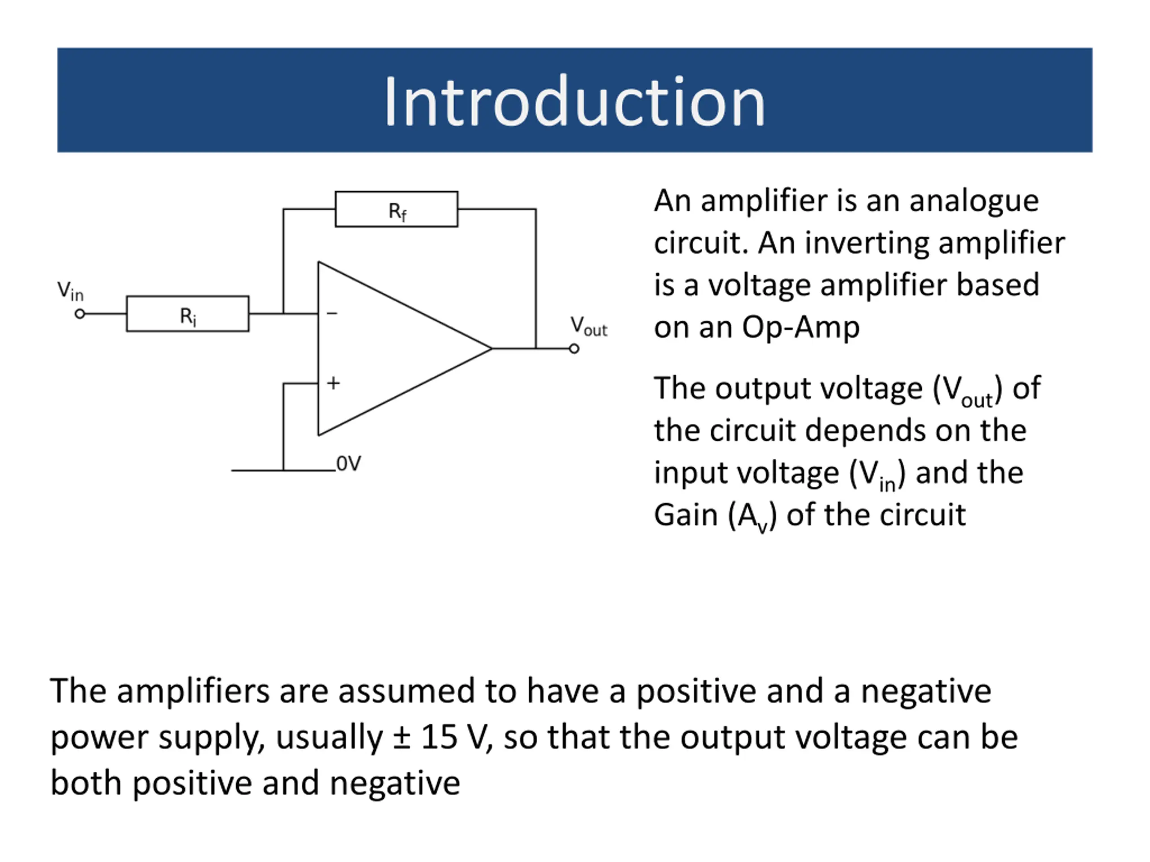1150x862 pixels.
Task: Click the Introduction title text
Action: (x=575, y=101)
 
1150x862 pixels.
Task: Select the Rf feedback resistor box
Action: (x=396, y=209)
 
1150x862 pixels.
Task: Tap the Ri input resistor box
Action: (x=188, y=314)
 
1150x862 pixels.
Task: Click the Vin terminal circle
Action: (x=80, y=314)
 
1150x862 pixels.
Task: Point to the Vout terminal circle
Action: (x=574, y=349)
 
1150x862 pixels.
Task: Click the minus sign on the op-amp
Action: (x=332, y=313)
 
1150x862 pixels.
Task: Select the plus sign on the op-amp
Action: (x=333, y=383)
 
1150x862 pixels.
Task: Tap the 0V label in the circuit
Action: (x=348, y=463)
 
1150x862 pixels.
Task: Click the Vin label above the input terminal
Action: (x=70, y=290)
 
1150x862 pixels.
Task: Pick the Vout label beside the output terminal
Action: (x=588, y=326)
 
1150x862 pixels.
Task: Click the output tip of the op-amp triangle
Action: (x=490, y=349)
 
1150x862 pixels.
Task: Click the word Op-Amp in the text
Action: (x=801, y=327)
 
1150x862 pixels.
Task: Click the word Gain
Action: (x=685, y=515)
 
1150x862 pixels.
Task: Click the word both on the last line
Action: (x=86, y=783)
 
